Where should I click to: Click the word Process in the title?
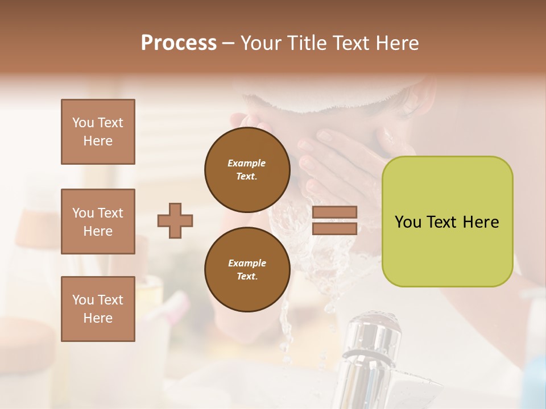coord(179,43)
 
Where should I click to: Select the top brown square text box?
coord(98,132)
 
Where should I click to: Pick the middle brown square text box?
coord(98,222)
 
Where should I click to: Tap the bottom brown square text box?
coord(98,308)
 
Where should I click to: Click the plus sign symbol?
coord(175,220)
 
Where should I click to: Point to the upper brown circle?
coord(247,169)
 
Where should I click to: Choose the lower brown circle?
coord(247,269)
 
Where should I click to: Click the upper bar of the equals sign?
coord(335,212)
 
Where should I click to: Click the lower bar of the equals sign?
coord(335,228)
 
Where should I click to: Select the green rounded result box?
coord(447,222)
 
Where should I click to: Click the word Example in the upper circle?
coord(247,163)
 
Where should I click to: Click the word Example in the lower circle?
coord(247,263)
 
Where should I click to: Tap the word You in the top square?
coord(83,123)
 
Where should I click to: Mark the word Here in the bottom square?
coord(98,318)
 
